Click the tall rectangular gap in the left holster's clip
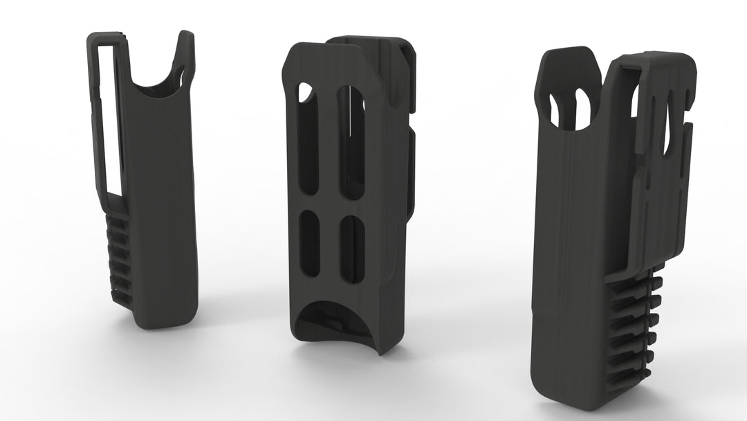coord(109,118)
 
